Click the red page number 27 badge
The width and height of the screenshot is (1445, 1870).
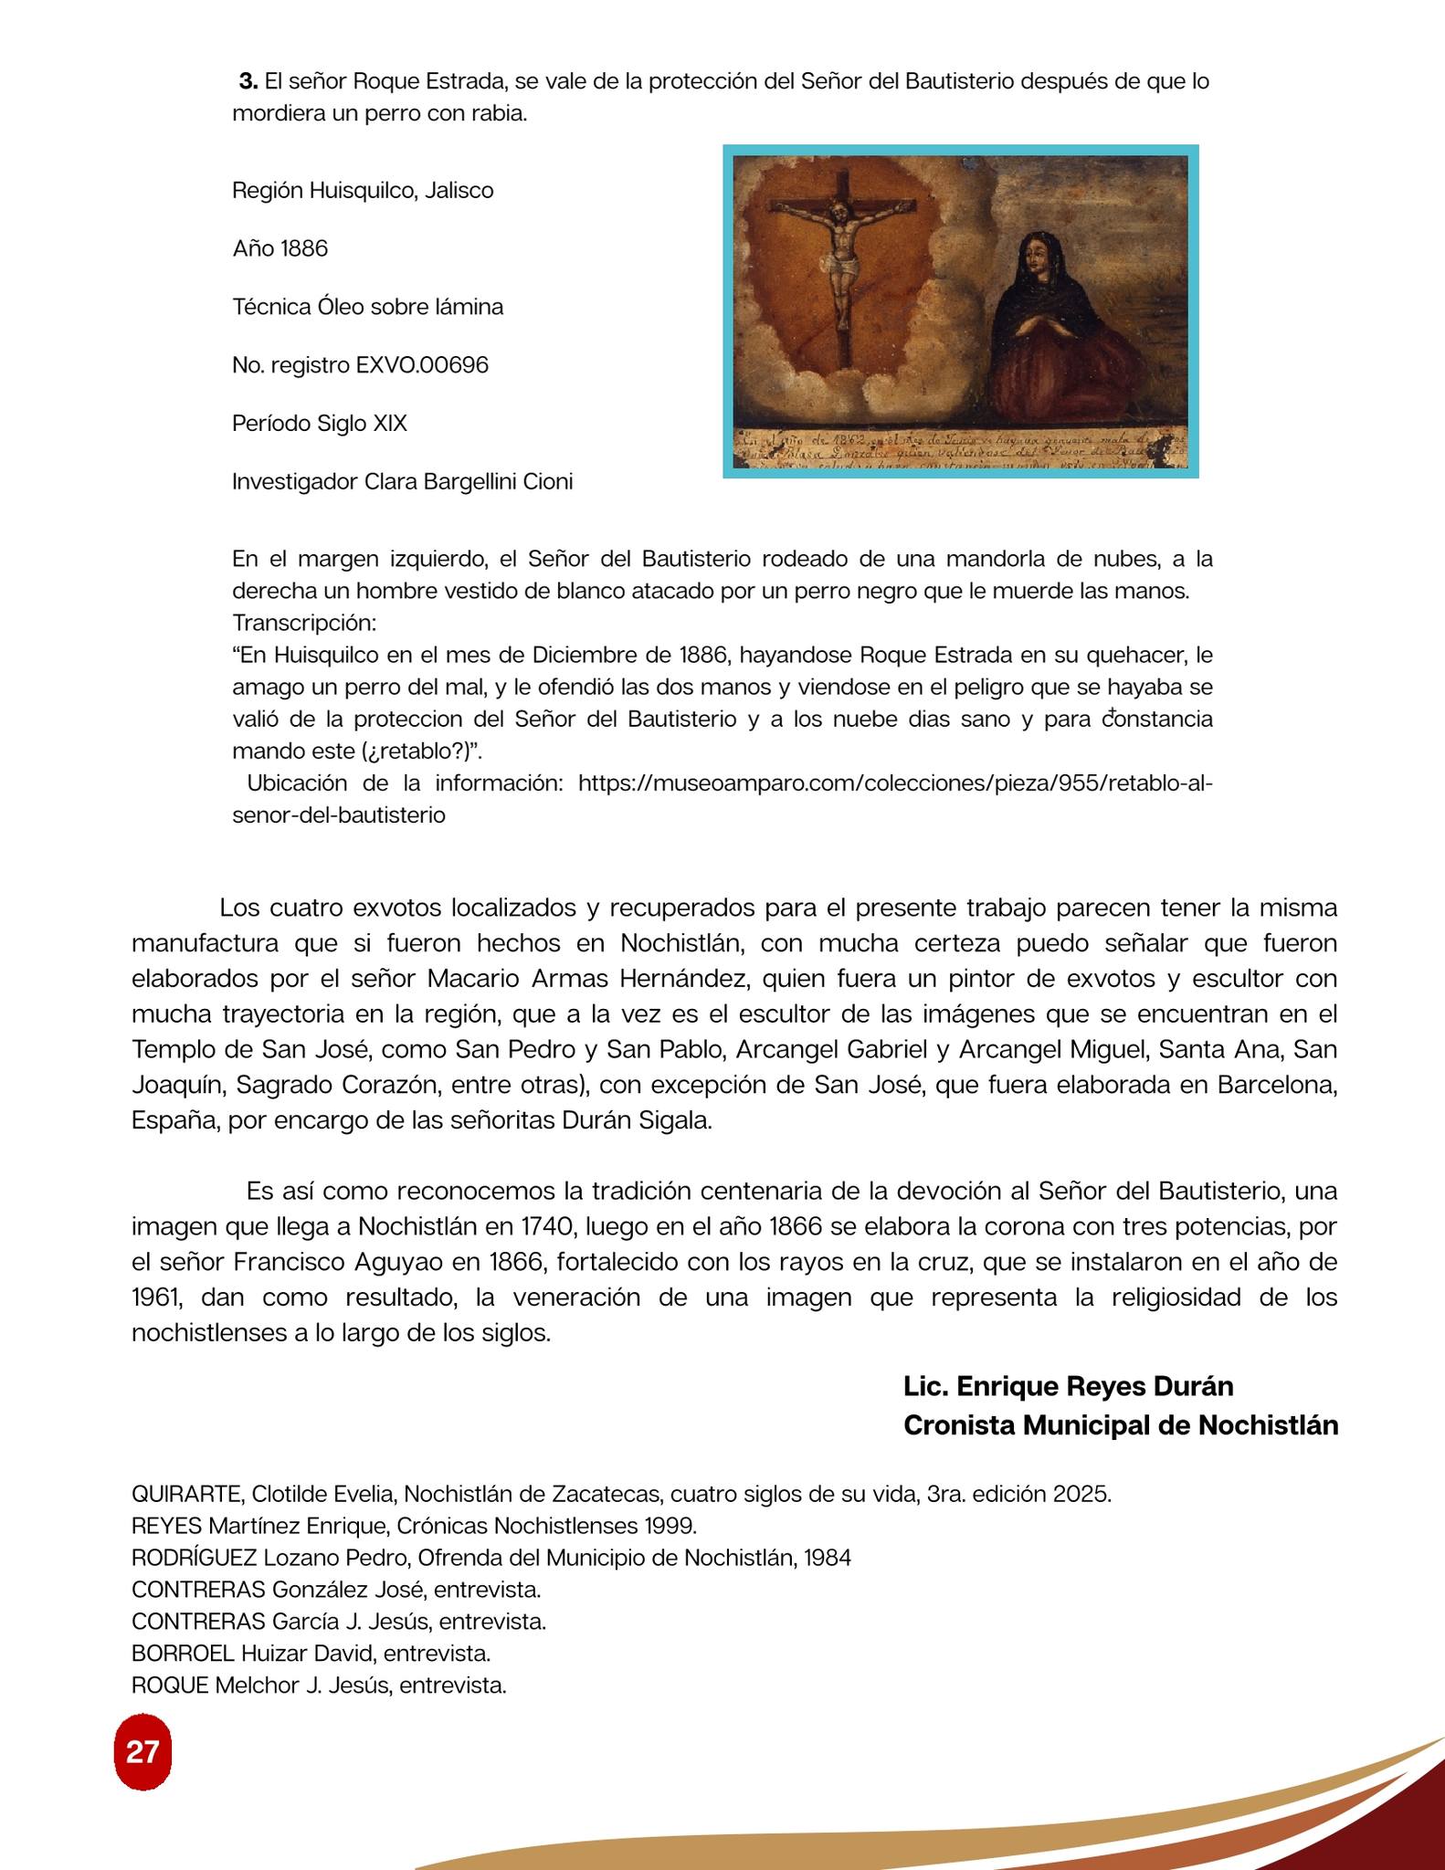point(142,1752)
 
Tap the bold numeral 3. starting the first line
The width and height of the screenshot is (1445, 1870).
point(248,81)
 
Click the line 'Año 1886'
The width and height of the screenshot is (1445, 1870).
point(280,248)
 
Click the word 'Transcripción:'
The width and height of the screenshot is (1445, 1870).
point(304,623)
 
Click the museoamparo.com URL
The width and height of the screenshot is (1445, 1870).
point(895,783)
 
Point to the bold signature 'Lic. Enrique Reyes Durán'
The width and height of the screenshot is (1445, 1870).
point(1068,1386)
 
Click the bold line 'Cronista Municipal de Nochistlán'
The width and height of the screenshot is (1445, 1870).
point(1120,1424)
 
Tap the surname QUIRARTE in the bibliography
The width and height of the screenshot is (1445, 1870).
point(187,1495)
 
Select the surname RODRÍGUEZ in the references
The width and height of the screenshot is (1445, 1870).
point(195,1558)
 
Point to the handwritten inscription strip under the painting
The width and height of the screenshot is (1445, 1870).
point(960,449)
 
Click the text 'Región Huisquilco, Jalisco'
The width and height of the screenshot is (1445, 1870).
point(363,191)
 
